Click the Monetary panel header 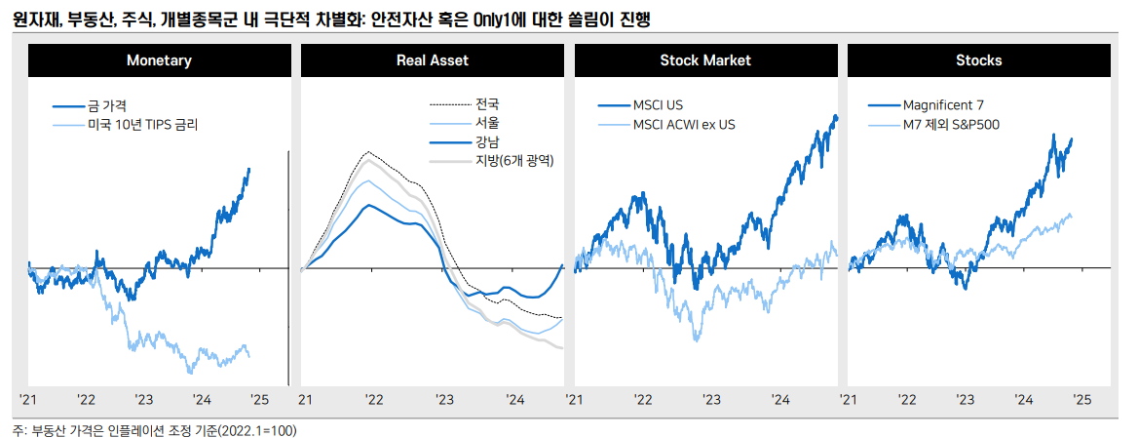point(159,60)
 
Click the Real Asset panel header point(432,60)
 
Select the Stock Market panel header point(705,60)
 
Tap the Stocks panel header point(978,60)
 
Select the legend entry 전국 point(487,104)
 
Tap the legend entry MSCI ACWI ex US point(683,125)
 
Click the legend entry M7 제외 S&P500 point(951,125)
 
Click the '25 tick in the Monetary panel point(259,400)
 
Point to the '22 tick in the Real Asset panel point(373,400)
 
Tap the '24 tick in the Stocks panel point(1023,400)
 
